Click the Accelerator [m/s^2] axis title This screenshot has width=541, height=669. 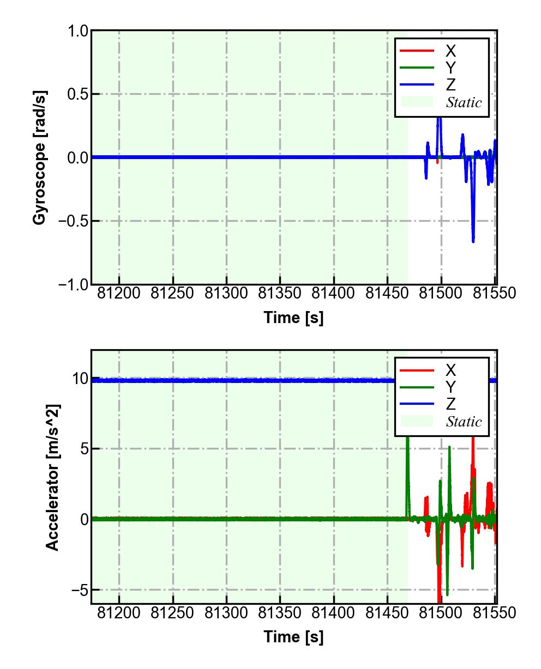[x=52, y=477]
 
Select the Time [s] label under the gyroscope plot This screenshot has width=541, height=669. [x=293, y=318]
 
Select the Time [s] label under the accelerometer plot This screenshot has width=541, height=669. [x=293, y=636]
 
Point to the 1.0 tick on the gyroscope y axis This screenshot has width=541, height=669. [x=77, y=31]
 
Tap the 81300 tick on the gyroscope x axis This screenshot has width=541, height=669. [x=226, y=293]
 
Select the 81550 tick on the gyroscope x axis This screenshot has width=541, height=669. [x=494, y=293]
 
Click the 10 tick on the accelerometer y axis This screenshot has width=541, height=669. [x=80, y=379]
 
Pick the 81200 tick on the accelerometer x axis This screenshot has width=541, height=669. [x=119, y=613]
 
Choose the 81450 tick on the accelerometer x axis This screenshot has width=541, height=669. [x=387, y=613]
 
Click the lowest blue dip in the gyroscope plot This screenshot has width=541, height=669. [x=473, y=241]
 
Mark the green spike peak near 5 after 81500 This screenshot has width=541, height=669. [x=449, y=447]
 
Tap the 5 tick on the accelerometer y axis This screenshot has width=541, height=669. [x=83, y=449]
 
